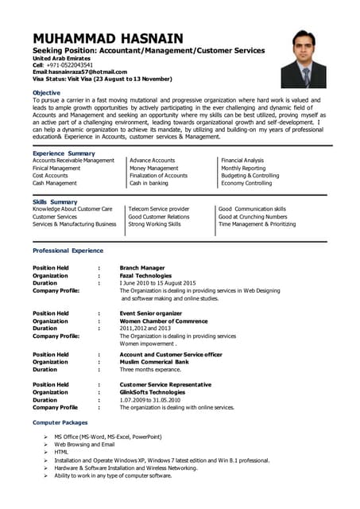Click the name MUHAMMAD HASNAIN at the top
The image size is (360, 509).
(x=108, y=38)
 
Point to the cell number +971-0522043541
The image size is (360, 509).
(x=63, y=65)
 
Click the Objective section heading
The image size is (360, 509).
(x=46, y=92)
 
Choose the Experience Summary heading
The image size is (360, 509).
(x=64, y=153)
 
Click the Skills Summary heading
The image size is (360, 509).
(x=55, y=202)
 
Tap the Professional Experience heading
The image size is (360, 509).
(x=68, y=251)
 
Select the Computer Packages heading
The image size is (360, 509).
(x=60, y=422)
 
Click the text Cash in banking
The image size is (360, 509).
(x=149, y=183)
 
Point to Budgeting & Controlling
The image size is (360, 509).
(x=250, y=176)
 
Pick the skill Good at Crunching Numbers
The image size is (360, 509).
(x=253, y=216)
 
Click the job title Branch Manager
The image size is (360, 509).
(x=142, y=268)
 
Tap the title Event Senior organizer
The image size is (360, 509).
(x=150, y=313)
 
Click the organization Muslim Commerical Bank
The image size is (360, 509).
(x=154, y=362)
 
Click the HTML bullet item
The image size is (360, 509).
(x=61, y=452)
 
